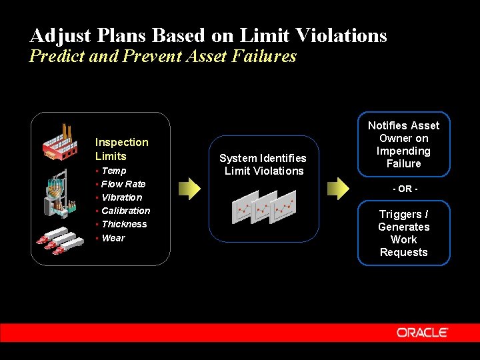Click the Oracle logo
[422, 332]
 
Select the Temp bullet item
[113, 171]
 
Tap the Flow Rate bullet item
[123, 184]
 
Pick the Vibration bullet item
[121, 197]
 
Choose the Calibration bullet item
[125, 211]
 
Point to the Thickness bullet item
[124, 224]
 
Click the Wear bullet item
[113, 238]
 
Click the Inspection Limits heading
[121, 149]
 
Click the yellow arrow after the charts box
[339, 189]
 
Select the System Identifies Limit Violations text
[263, 165]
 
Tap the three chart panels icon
[264, 207]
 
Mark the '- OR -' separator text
[404, 189]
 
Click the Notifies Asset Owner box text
[404, 145]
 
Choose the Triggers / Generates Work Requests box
[404, 233]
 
